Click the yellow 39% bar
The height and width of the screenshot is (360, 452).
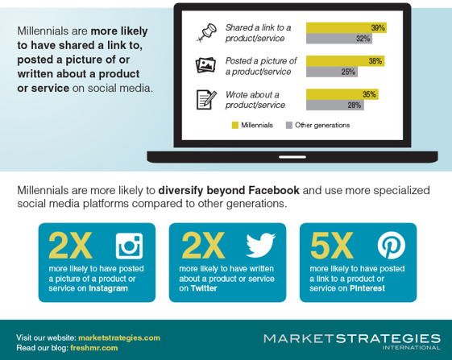click(x=346, y=27)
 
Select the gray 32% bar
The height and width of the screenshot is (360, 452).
click(x=339, y=39)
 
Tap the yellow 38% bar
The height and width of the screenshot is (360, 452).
click(x=345, y=61)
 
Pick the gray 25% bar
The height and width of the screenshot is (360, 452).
click(x=332, y=72)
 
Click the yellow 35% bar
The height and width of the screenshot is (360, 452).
click(x=342, y=94)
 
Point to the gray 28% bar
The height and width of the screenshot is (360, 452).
click(x=335, y=105)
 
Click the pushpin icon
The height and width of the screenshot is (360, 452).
click(x=207, y=32)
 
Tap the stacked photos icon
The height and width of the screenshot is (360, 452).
click(x=205, y=65)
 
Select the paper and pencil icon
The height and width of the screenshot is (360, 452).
click(x=206, y=100)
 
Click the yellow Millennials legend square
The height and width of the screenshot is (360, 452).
click(x=235, y=125)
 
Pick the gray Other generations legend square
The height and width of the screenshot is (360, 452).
click(x=288, y=125)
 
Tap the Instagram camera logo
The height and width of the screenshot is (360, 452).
click(x=129, y=246)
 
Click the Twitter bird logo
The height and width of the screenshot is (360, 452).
click(x=260, y=246)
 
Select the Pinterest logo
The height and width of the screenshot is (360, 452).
click(x=392, y=246)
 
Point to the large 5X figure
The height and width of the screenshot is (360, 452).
click(x=331, y=246)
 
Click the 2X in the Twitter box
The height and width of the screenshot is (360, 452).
click(x=203, y=246)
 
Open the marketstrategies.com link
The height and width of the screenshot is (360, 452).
click(x=119, y=337)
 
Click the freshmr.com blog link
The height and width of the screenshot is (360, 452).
click(x=94, y=348)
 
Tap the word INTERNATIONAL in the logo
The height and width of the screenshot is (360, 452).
click(x=412, y=348)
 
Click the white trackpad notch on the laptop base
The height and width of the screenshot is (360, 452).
click(x=292, y=157)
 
